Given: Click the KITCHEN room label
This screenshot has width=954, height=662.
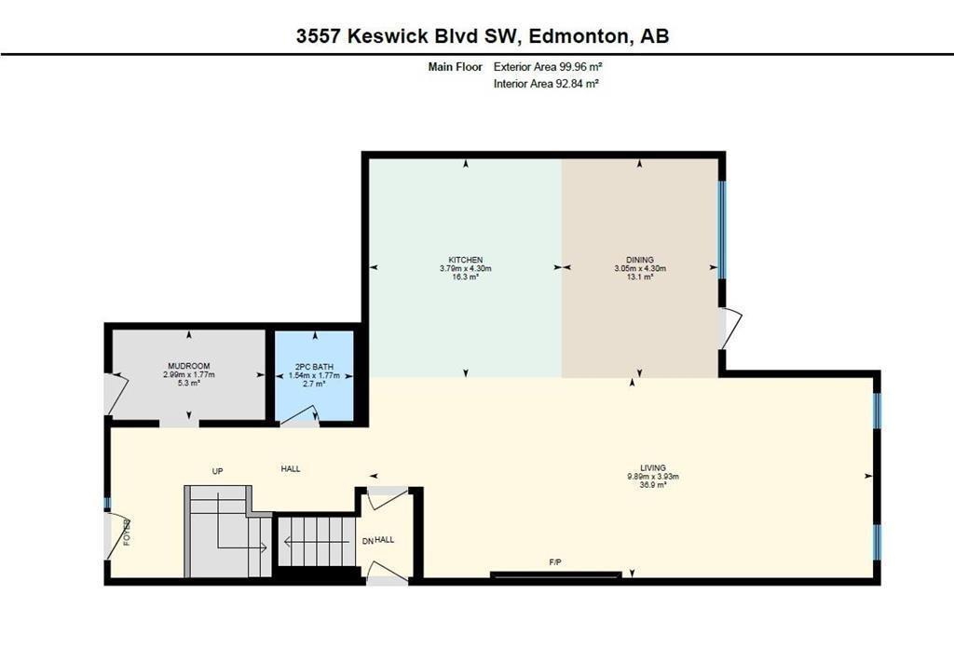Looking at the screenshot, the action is pyautogui.click(x=466, y=260).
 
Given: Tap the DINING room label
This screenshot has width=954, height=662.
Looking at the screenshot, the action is pyautogui.click(x=639, y=260).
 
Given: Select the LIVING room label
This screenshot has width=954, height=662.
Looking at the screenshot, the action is pyautogui.click(x=653, y=468).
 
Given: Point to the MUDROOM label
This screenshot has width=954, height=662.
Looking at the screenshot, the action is pyautogui.click(x=188, y=366).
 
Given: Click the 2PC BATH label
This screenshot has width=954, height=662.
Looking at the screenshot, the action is pyautogui.click(x=314, y=367).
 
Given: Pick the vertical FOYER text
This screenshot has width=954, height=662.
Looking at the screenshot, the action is pyautogui.click(x=127, y=532).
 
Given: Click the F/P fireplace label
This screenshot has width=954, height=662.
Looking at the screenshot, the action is pyautogui.click(x=555, y=562).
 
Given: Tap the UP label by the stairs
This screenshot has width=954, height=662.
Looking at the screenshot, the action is pyautogui.click(x=217, y=471).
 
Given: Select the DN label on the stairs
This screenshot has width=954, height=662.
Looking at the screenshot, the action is pyautogui.click(x=367, y=541).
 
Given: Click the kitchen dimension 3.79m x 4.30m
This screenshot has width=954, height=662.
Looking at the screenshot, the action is pyautogui.click(x=466, y=268).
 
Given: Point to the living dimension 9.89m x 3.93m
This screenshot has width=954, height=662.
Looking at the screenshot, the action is pyautogui.click(x=653, y=477).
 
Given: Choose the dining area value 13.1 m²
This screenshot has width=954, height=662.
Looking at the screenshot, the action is pyautogui.click(x=639, y=277).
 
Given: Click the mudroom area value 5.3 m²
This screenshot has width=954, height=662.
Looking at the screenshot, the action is pyautogui.click(x=188, y=383).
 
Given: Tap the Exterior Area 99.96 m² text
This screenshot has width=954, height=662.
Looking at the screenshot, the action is pyautogui.click(x=548, y=67).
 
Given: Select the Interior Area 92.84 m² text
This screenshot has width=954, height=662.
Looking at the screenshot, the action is pyautogui.click(x=546, y=84).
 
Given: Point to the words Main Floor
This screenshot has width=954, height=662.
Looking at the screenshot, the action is pyautogui.click(x=455, y=67).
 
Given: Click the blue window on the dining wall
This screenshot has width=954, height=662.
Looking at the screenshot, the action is pyautogui.click(x=722, y=230).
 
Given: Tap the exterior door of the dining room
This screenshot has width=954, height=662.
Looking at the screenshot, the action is pyautogui.click(x=729, y=329).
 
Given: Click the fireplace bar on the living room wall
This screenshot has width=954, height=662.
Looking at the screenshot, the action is pyautogui.click(x=556, y=574).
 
